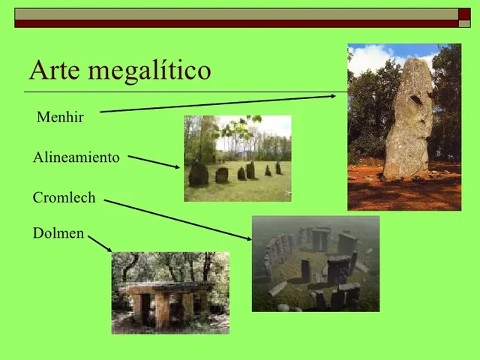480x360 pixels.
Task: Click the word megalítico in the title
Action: click(149, 71)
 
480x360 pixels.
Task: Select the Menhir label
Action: click(60, 118)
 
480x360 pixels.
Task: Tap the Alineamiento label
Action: click(76, 157)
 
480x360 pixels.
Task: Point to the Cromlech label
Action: click(64, 198)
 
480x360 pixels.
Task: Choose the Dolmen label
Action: click(58, 233)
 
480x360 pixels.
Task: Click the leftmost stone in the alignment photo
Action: click(198, 174)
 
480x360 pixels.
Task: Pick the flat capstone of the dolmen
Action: click(166, 287)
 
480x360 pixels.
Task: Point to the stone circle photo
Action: click(315, 263)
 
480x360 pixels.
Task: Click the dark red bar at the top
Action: click(240, 24)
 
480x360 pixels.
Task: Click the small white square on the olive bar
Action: click(463, 13)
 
